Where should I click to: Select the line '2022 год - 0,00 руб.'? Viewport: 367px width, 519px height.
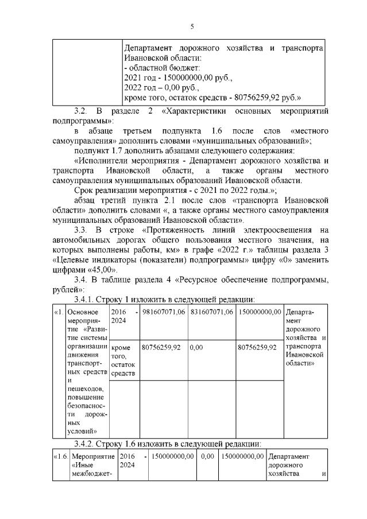coord(161,88)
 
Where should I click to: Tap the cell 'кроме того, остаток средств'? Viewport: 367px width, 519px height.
coord(123,361)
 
